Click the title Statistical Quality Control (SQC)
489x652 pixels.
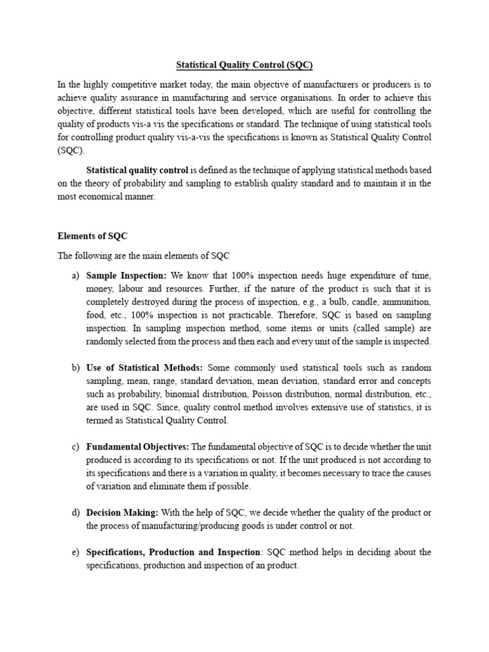point(244,65)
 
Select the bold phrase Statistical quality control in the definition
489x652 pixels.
point(137,170)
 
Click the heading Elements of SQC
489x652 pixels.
point(93,236)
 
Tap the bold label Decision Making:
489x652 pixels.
point(123,513)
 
